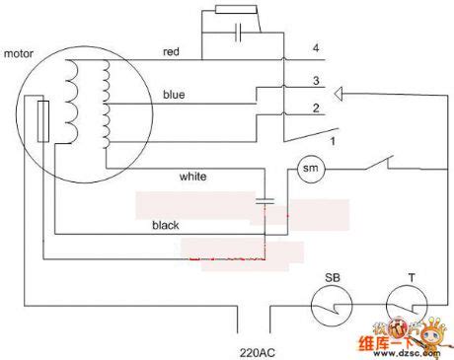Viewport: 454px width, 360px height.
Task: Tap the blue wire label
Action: (174, 95)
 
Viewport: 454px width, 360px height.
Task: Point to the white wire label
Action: (192, 178)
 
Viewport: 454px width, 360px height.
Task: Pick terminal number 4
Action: (315, 48)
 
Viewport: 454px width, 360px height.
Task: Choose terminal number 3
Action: (315, 81)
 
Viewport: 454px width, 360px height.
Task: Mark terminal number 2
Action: (315, 108)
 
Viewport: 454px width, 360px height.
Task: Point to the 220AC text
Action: (257, 350)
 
